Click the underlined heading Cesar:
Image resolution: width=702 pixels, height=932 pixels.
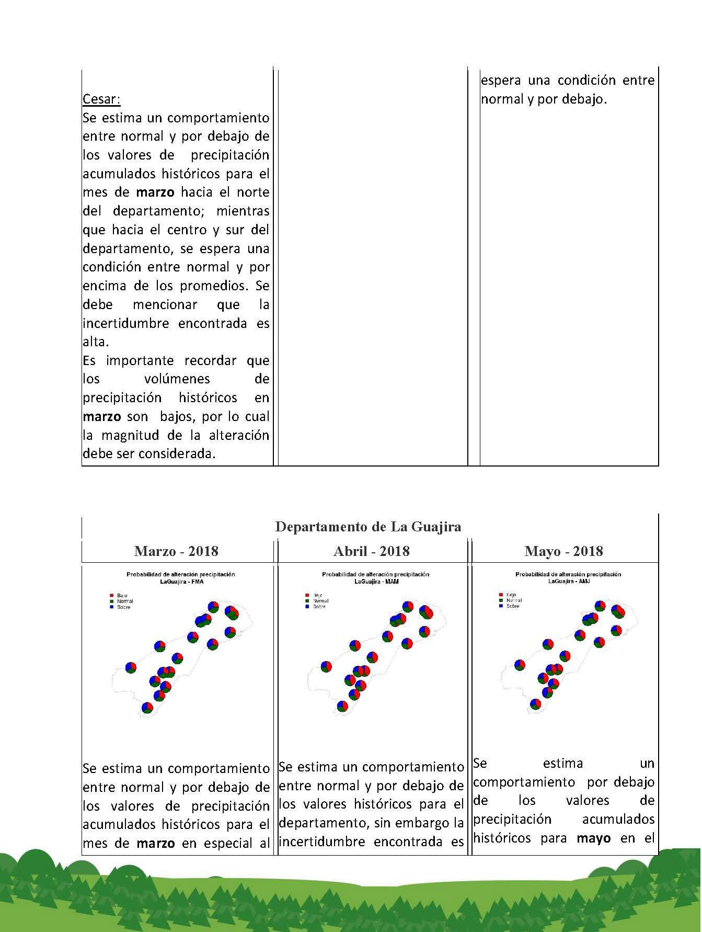(101, 99)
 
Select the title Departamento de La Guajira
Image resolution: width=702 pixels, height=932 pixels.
(369, 526)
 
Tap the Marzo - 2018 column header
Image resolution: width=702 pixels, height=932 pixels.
(176, 551)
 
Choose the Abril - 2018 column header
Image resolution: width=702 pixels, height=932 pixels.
(372, 551)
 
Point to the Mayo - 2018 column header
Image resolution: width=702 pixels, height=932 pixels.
(563, 551)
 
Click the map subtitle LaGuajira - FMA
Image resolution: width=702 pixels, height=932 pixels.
(181, 581)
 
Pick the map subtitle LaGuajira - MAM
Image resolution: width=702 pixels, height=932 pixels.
(375, 581)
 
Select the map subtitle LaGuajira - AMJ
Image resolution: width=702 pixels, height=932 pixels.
(569, 581)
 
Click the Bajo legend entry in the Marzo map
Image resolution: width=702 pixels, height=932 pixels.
(122, 596)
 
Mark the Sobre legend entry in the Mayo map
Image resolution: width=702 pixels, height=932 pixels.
(512, 606)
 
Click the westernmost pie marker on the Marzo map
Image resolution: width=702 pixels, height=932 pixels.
(131, 667)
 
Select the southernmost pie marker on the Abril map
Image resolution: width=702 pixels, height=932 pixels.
(342, 706)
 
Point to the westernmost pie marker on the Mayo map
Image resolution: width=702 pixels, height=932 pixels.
(520, 665)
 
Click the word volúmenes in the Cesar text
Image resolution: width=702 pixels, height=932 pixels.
(177, 379)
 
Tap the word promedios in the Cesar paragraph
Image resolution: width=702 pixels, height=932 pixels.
(213, 286)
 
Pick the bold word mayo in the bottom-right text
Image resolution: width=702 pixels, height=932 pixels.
(594, 838)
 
